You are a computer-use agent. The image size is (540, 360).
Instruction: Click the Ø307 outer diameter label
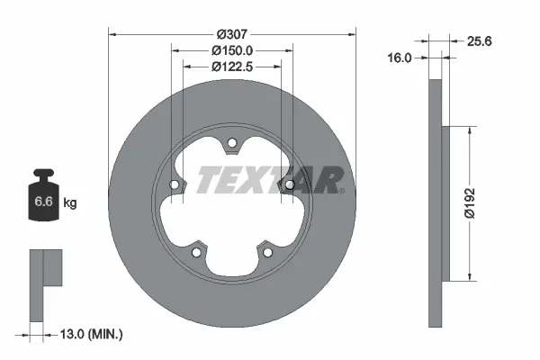[231, 34]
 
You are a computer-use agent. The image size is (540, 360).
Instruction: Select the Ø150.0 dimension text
[231, 50]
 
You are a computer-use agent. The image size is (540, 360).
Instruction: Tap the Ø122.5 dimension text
[231, 66]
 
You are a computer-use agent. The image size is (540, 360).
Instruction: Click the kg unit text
[70, 202]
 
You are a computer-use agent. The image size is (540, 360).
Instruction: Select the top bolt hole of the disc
[231, 142]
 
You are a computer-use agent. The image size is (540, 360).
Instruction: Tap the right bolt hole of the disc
[289, 184]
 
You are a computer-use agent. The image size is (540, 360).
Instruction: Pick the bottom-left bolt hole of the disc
[196, 251]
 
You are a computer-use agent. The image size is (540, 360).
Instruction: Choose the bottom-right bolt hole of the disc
[267, 251]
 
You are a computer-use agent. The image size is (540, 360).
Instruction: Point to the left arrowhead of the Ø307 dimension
[112, 34]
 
